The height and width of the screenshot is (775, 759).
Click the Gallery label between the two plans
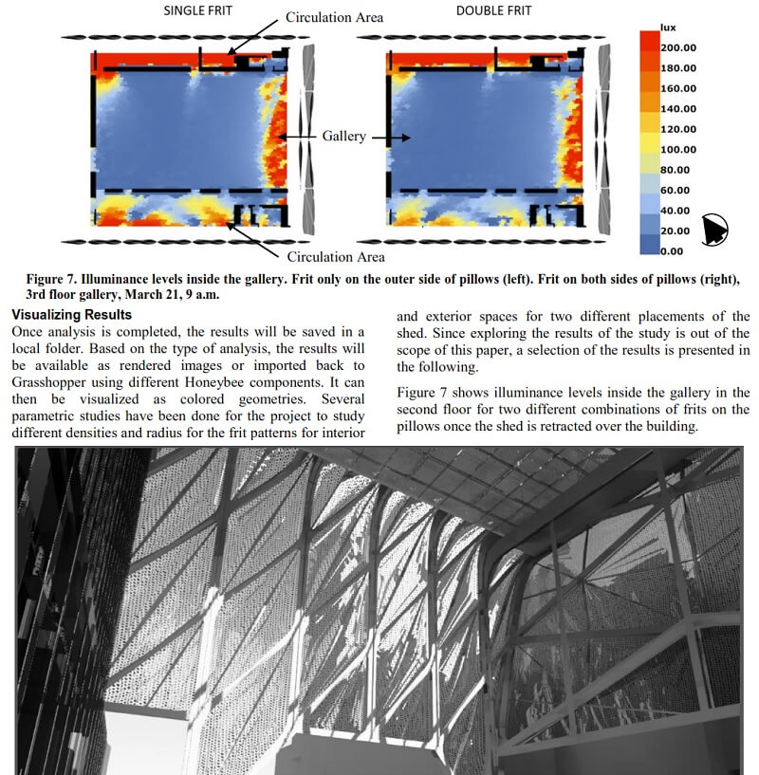coord(343,137)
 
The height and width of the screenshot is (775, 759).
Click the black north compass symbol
coord(714,228)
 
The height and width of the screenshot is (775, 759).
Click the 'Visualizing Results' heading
coord(71,314)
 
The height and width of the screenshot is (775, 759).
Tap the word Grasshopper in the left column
coord(52,382)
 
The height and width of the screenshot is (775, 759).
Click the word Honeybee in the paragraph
coord(205,382)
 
